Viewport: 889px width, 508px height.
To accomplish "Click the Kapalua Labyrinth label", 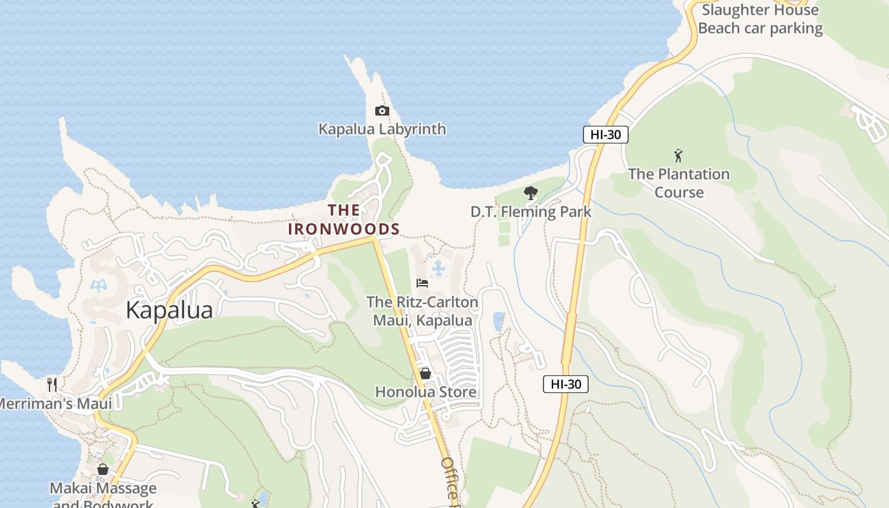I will [382, 129].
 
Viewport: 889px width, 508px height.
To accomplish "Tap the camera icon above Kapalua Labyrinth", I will [382, 111].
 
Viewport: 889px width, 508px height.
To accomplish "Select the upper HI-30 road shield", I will [605, 135].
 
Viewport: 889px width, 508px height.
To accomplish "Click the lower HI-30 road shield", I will [565, 384].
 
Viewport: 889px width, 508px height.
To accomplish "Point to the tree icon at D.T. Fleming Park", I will [530, 193].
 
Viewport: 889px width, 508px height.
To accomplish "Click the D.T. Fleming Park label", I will [530, 211].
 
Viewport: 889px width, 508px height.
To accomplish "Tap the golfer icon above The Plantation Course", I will [678, 156].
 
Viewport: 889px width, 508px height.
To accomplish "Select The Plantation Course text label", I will [678, 183].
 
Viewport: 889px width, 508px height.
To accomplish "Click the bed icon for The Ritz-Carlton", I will [422, 283].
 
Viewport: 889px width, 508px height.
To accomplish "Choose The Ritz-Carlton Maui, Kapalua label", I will [422, 311].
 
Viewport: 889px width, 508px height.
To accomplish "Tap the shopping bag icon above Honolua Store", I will [425, 373].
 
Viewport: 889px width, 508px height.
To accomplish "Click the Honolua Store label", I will [425, 392].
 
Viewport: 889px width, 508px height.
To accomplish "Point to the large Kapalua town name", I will [169, 310].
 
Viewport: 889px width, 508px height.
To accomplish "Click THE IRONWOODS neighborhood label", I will [344, 220].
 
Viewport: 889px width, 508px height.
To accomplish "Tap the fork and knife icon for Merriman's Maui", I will [52, 384].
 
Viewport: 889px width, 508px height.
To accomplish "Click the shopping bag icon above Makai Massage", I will [103, 469].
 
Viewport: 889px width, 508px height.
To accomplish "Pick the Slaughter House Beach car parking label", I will [759, 19].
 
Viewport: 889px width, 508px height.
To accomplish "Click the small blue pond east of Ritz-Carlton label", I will [498, 321].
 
